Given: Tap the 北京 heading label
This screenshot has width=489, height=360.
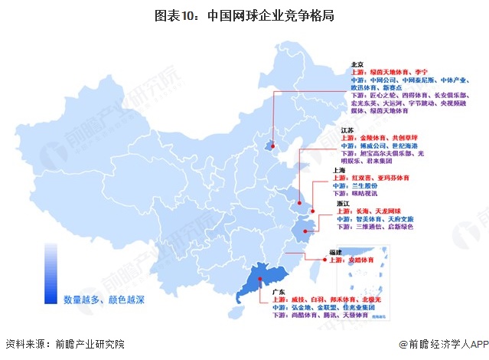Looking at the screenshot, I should point(357,64).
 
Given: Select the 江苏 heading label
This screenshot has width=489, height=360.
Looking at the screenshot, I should point(346,131).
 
